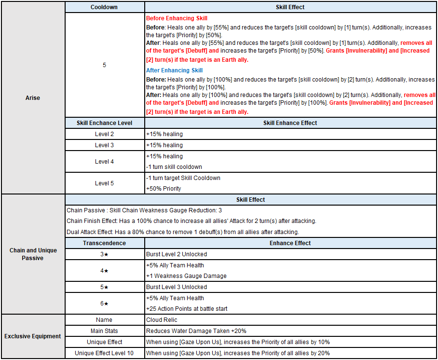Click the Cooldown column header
[x=104, y=7]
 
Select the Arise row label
[x=33, y=98]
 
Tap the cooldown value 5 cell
[x=104, y=65]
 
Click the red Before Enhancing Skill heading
[x=177, y=18]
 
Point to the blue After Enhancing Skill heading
[x=174, y=70]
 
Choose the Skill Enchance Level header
[x=104, y=123]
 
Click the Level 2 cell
[x=104, y=134]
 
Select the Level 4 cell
[x=104, y=162]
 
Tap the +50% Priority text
[x=164, y=189]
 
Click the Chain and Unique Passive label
[x=33, y=254]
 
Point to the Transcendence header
[x=104, y=243]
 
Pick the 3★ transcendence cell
[x=104, y=254]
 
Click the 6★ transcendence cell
[x=104, y=304]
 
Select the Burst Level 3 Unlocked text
[x=176, y=287]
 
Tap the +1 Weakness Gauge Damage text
[x=186, y=276]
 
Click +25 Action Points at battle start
[x=187, y=309]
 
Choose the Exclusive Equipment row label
[x=33, y=336]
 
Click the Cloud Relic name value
[x=162, y=320]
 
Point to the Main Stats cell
[x=104, y=331]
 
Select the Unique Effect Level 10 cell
[x=104, y=353]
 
